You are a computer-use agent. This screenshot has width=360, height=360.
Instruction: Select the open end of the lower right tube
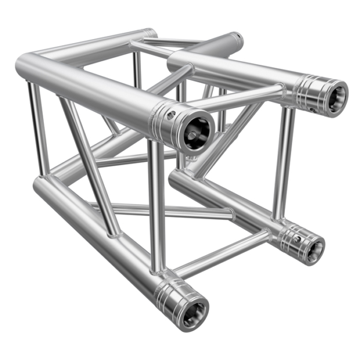pos(313,246)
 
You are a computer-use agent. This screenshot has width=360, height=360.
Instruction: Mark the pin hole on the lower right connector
pos(296,239)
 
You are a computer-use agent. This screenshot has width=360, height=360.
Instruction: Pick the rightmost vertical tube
pos(283,162)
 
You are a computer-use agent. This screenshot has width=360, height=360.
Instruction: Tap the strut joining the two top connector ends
pos(240,99)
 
